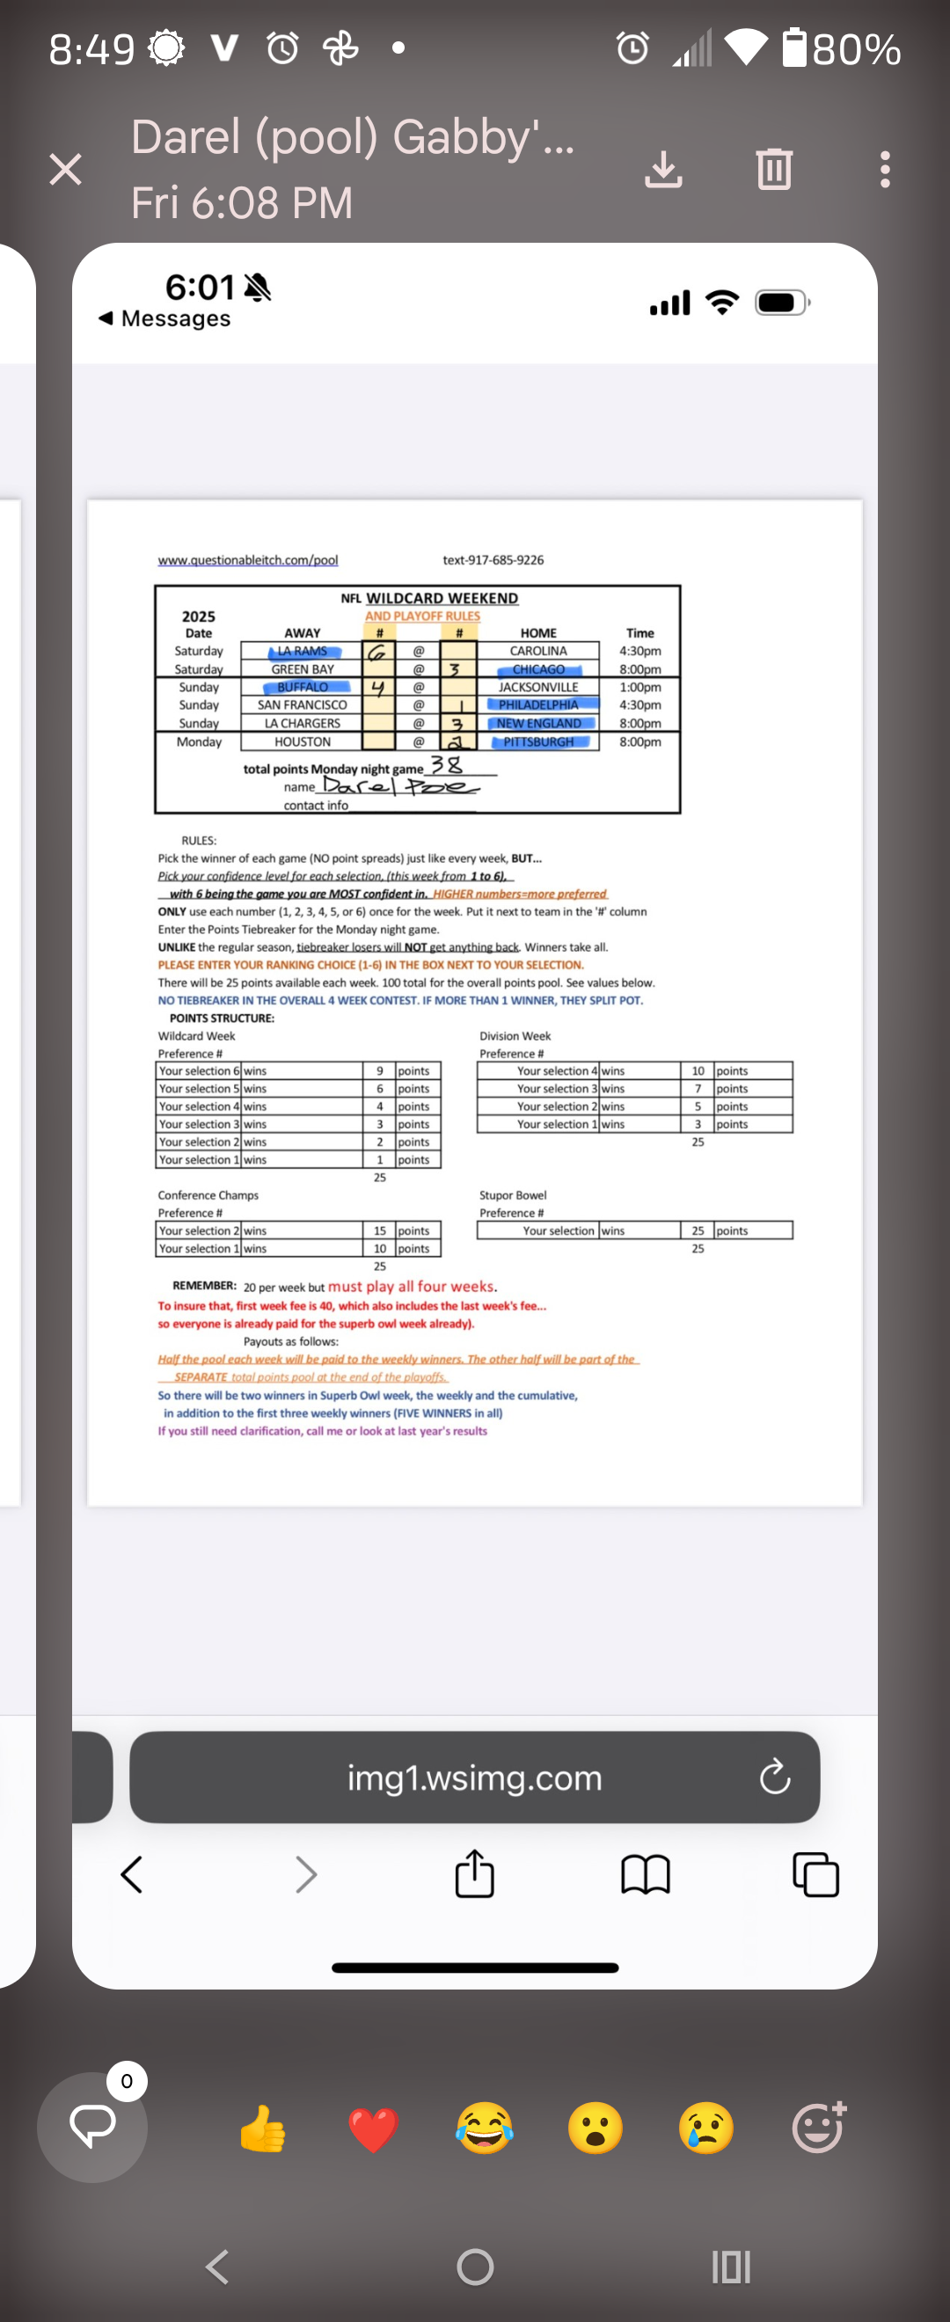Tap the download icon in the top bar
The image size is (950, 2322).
663,170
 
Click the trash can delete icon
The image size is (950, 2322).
773,169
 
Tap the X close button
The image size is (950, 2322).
66,170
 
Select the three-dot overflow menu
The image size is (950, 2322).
885,170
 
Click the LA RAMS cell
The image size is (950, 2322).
303,651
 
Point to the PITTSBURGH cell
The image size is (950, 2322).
539,741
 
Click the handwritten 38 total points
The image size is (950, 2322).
446,765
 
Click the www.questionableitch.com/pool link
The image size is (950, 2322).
248,559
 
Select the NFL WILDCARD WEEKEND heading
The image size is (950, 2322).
430,597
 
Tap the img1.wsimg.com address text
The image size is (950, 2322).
474,1778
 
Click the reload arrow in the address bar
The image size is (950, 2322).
774,1778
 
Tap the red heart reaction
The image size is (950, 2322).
373,2130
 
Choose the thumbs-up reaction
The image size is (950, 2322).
262,2129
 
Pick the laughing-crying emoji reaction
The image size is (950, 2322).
484,2129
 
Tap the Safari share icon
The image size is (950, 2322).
474,1874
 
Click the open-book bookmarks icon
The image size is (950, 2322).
646,1875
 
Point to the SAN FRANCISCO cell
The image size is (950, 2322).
302,705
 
